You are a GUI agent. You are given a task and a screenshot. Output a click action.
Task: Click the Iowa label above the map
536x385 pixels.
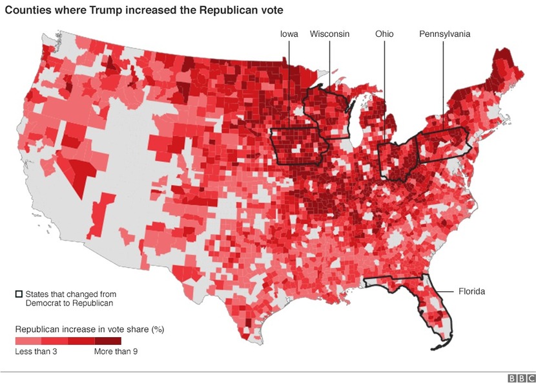pos(289,34)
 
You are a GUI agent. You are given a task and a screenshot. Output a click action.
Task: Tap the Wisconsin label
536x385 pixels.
pos(329,34)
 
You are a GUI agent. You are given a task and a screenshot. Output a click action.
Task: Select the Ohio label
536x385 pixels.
pos(384,34)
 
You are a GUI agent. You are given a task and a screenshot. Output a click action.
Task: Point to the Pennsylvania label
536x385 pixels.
pos(444,34)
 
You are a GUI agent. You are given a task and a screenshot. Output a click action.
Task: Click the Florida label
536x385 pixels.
pos(471,291)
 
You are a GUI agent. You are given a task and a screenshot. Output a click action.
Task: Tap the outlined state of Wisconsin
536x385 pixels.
pos(326,113)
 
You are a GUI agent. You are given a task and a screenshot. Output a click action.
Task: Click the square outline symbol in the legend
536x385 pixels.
pos(19,294)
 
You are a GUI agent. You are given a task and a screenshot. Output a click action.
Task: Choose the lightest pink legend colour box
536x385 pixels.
pos(28,340)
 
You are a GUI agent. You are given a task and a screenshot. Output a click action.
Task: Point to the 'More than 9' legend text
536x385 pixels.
pos(116,352)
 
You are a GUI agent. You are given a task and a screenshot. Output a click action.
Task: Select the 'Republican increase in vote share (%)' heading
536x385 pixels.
pos(89,329)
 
